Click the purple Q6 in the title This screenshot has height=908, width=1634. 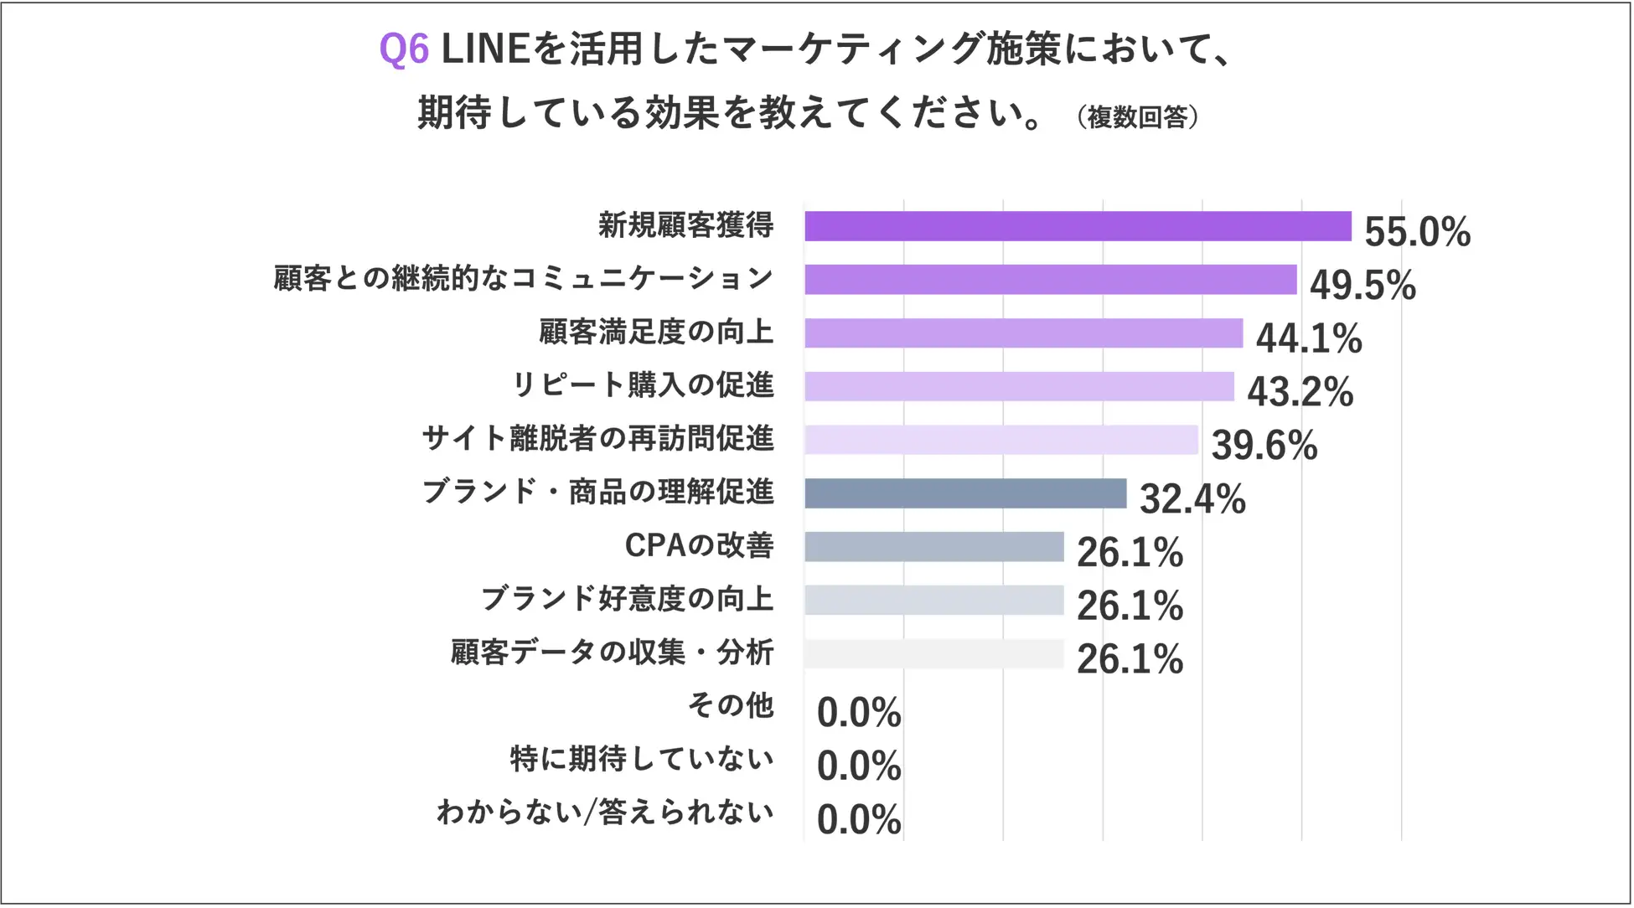tap(404, 49)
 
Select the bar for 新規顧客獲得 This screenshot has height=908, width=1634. tap(1078, 226)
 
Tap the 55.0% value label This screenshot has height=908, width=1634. tap(1417, 232)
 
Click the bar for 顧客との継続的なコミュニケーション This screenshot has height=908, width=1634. tap(1051, 280)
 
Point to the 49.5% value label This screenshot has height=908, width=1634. tap(1363, 286)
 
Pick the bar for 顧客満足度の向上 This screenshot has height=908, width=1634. tap(1023, 333)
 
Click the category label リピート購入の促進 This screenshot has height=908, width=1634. tap(643, 385)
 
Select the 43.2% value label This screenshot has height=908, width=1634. tap(1300, 392)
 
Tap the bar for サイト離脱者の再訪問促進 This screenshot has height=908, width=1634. tap(1001, 440)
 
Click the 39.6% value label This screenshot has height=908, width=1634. tap(1264, 446)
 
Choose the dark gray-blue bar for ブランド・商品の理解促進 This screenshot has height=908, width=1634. tap(965, 493)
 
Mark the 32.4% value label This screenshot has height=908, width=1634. tap(1192, 499)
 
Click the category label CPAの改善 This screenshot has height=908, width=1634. tap(699, 545)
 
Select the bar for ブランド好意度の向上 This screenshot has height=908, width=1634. tap(934, 600)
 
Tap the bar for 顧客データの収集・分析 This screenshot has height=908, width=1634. tap(934, 653)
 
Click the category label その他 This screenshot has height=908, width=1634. tap(731, 705)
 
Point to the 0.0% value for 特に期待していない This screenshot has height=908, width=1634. tap(859, 766)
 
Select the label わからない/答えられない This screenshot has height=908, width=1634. tap(605, 812)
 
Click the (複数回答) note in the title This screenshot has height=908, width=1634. tap(1137, 117)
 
